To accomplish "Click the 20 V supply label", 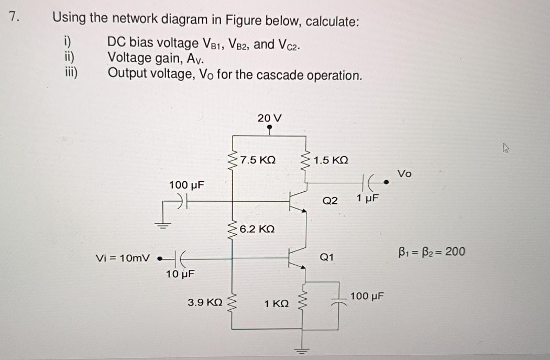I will pyautogui.click(x=269, y=118).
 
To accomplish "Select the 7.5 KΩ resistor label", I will pyautogui.click(x=258, y=160).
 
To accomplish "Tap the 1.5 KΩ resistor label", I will pyautogui.click(x=331, y=160).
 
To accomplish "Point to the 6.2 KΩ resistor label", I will pyautogui.click(x=257, y=230).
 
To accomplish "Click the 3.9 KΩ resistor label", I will pyautogui.click(x=205, y=302).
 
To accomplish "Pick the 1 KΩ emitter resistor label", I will pyautogui.click(x=277, y=303).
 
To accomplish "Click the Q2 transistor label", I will pyautogui.click(x=330, y=200).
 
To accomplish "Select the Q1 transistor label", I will pyautogui.click(x=326, y=257).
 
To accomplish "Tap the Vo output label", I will pyautogui.click(x=405, y=173).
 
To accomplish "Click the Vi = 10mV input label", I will pyautogui.click(x=123, y=258).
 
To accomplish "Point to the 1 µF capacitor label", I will pyautogui.click(x=367, y=198).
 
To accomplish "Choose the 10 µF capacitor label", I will pyautogui.click(x=180, y=274).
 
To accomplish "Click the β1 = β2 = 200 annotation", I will pyautogui.click(x=431, y=252).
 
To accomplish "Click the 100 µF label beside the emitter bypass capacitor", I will pyautogui.click(x=367, y=296).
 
